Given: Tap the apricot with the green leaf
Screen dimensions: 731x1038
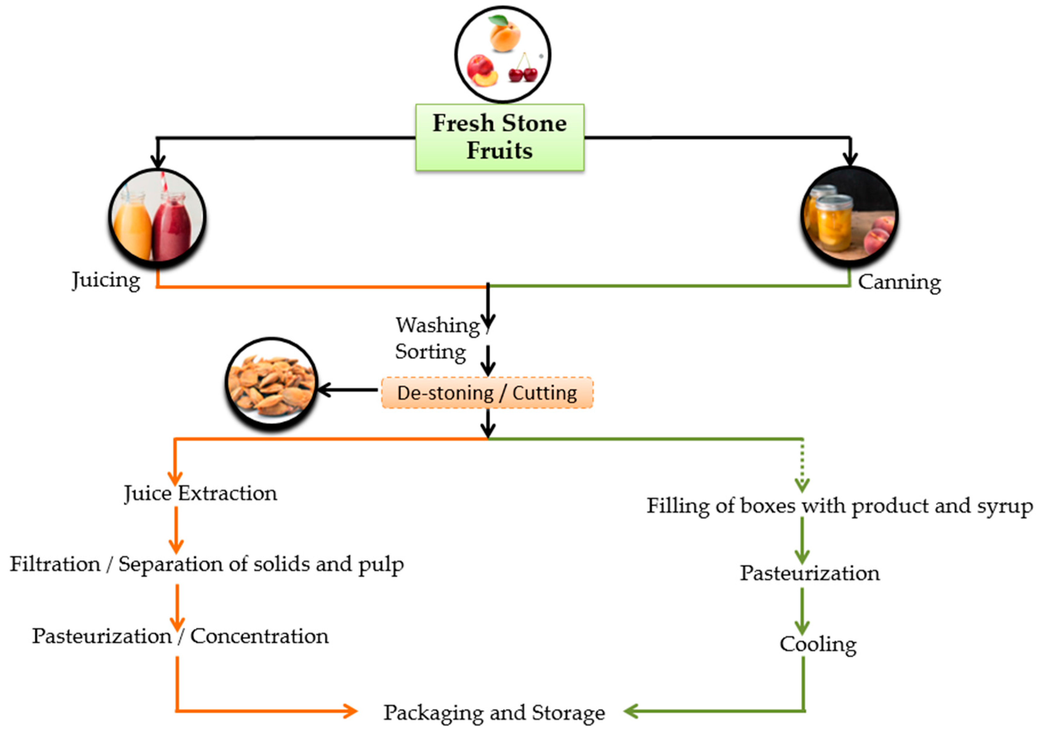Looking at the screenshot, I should pos(505,35).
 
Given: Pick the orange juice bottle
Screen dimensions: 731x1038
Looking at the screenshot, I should pos(132,228).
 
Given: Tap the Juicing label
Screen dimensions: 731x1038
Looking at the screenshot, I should pos(106,280).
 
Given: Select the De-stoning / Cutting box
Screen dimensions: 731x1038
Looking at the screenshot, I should pos(487,393).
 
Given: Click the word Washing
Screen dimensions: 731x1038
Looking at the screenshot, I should pos(437,325).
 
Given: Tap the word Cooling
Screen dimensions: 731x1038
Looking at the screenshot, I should pos(817,644).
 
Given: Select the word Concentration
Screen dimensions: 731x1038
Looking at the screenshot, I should pos(259,636).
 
